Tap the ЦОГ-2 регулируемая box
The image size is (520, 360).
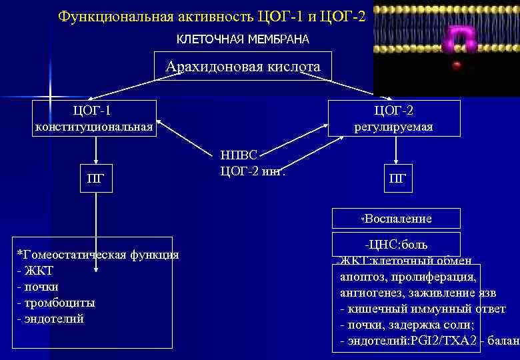point(394,118)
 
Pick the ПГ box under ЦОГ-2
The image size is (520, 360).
point(397,178)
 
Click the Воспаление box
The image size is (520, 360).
point(397,219)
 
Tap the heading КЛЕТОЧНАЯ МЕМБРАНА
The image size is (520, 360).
point(243,40)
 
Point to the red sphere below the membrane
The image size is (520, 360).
point(457,65)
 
